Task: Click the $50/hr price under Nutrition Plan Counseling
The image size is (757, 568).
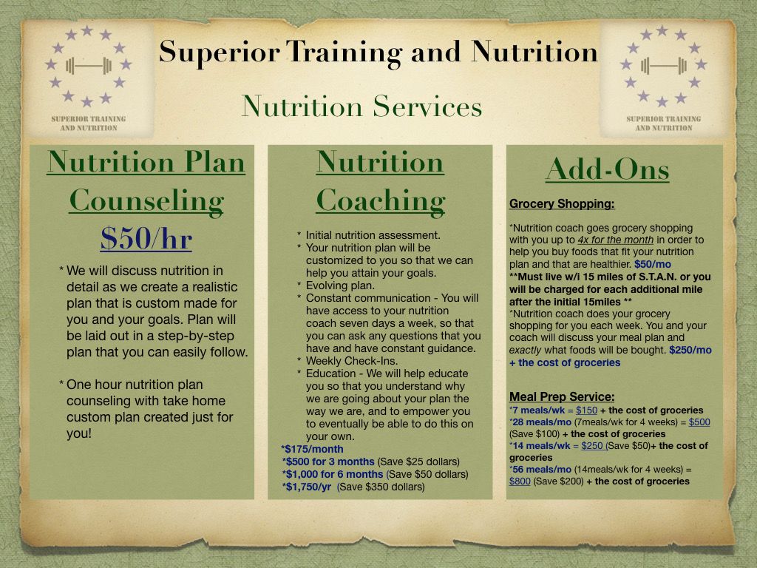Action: tap(146, 238)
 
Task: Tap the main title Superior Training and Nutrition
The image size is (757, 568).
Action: tap(378, 52)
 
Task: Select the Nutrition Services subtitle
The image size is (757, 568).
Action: tap(361, 106)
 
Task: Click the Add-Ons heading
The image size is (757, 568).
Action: tap(607, 169)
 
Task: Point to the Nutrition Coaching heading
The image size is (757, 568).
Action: tap(380, 181)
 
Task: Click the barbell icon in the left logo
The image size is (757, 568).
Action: tap(88, 66)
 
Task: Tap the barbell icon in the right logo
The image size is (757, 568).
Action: tap(663, 66)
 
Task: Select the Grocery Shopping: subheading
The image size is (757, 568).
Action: tap(562, 204)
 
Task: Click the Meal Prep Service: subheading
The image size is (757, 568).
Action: tap(562, 396)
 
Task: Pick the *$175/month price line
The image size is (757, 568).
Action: tap(312, 449)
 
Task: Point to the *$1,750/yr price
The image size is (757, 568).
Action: tap(307, 487)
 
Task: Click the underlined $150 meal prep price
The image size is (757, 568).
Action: tap(586, 410)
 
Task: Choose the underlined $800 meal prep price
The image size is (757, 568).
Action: tap(520, 481)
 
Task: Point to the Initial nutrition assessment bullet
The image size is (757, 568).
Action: tap(373, 235)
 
